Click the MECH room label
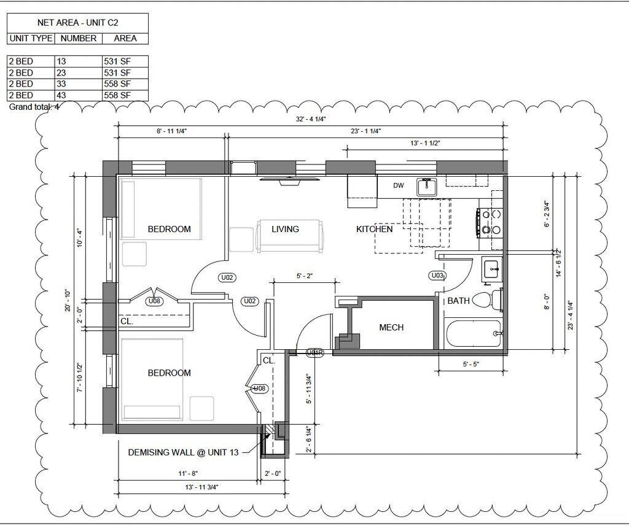tap(391, 328)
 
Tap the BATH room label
tap(458, 301)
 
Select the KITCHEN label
tap(374, 229)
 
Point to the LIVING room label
tap(285, 229)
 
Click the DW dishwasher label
tap(398, 185)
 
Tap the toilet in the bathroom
tap(488, 299)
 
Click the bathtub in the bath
tap(474, 333)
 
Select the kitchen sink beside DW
tap(426, 187)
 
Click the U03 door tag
tap(437, 276)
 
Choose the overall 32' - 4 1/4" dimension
tap(310, 119)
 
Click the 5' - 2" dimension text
tap(305, 276)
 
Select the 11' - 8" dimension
tap(188, 473)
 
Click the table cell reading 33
tap(61, 84)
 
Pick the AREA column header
tap(125, 38)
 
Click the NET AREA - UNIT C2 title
tap(77, 23)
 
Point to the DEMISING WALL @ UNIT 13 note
tap(183, 452)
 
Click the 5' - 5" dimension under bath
tap(471, 365)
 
